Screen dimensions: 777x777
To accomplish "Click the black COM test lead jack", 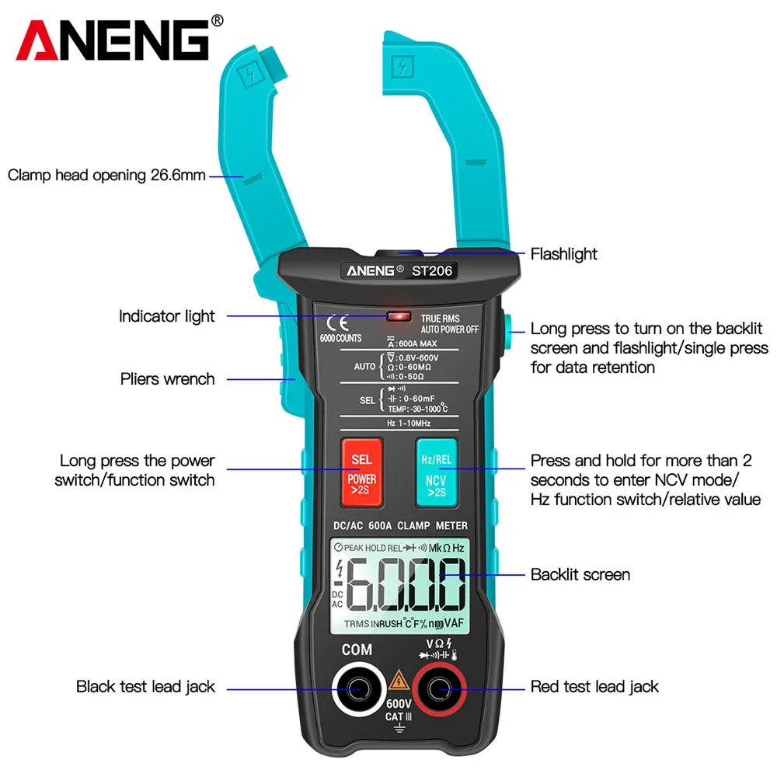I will coord(357,688).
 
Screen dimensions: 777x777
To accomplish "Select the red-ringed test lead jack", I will coord(438,688).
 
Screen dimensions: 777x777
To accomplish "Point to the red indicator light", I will coord(399,317).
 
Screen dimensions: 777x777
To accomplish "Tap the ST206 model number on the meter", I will coord(433,271).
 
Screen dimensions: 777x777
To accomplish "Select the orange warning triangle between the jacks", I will coord(398,681).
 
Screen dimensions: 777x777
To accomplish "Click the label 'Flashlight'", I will coord(563,254).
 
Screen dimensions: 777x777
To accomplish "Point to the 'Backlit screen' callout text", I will coord(580,575).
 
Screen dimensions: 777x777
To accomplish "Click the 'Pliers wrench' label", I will coord(167,379).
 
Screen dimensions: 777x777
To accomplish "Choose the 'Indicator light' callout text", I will coord(166,316).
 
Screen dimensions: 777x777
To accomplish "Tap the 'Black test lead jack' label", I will coord(145,687).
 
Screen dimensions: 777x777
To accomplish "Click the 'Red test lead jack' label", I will coord(594,687).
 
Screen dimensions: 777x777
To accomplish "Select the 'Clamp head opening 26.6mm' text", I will coord(106,175).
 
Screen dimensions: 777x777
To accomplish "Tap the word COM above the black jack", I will coord(357,650).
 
